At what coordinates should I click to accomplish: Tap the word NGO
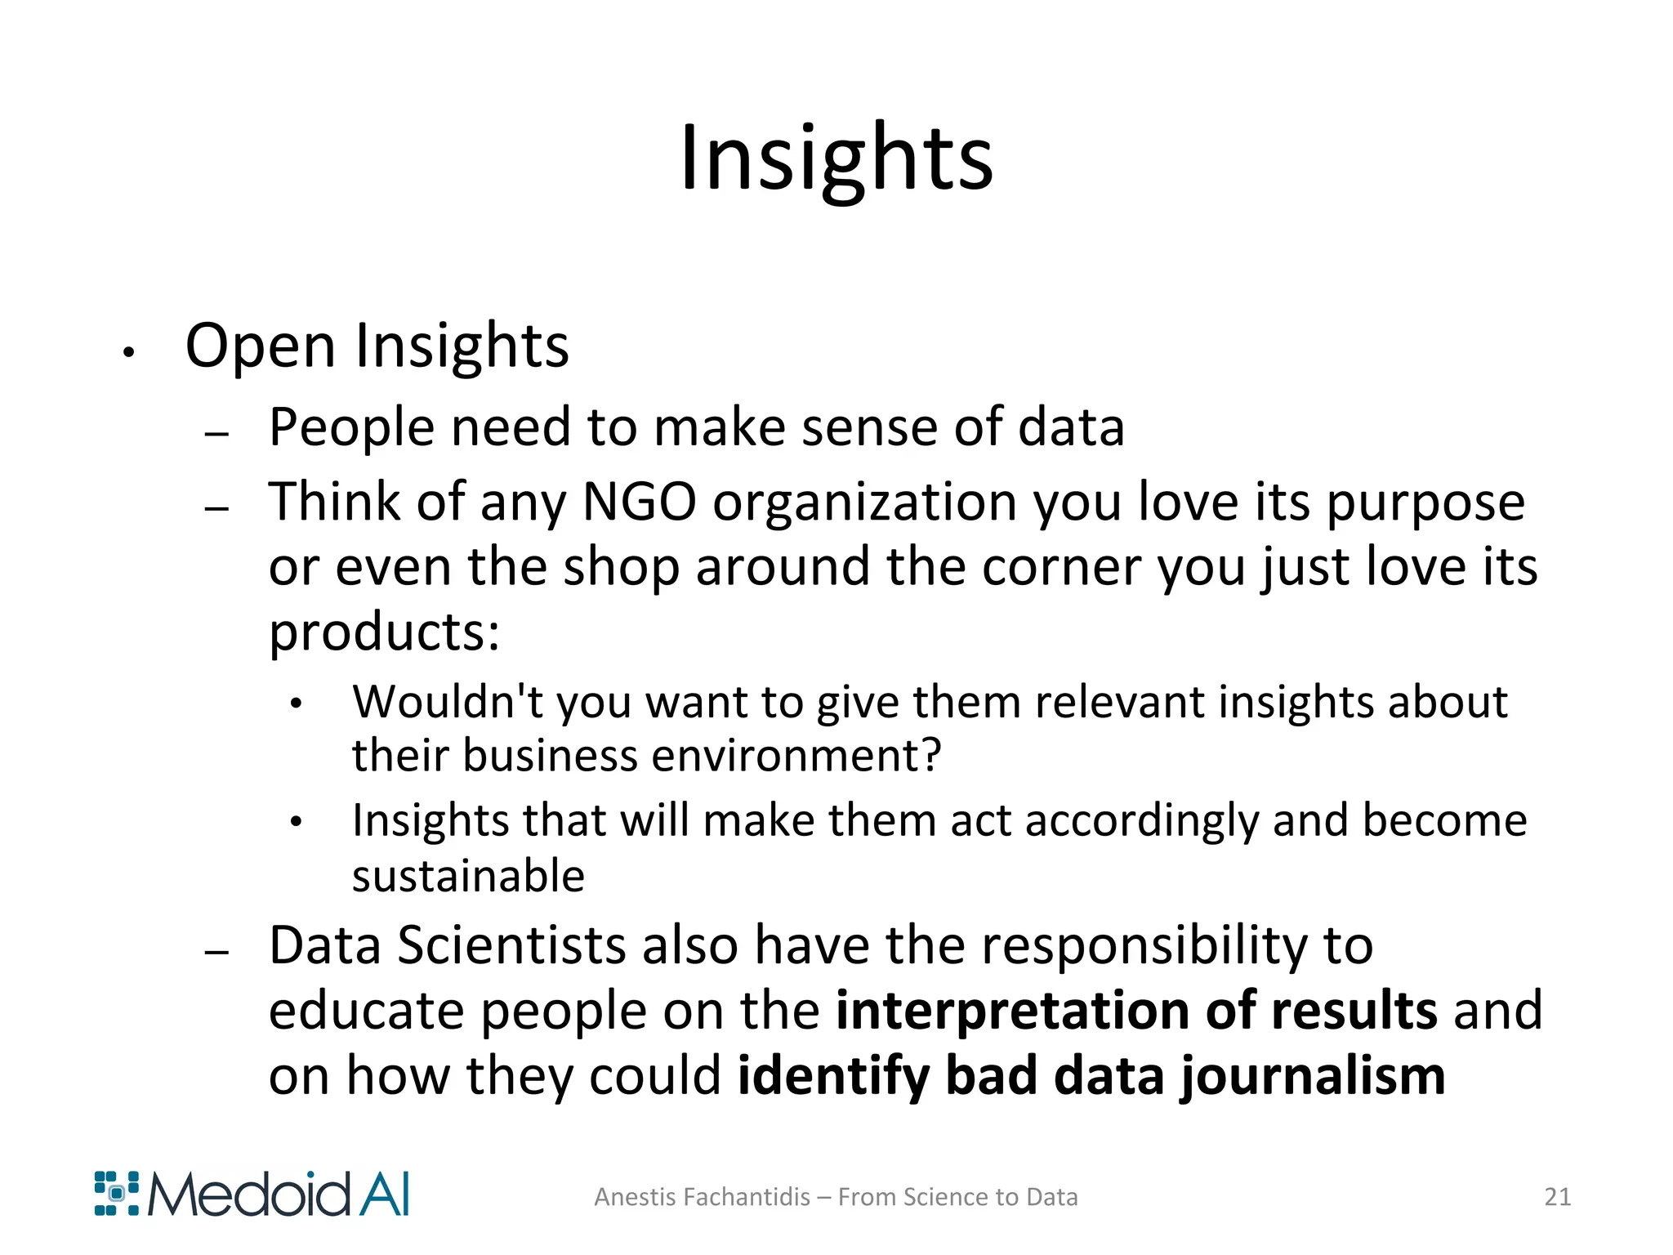pos(639,502)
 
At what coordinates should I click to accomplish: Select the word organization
pos(865,503)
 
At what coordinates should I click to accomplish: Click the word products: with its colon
pos(384,633)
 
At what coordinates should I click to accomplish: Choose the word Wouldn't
pos(447,702)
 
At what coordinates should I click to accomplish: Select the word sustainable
pos(468,876)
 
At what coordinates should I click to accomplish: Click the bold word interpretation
pos(1010,1012)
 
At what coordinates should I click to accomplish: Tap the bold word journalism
pos(1313,1077)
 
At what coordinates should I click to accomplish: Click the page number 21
pos(1557,1197)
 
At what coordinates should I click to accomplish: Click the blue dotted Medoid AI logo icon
pos(117,1194)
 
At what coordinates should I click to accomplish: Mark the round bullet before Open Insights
pos(127,353)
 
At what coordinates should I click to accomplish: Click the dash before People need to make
pos(216,433)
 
